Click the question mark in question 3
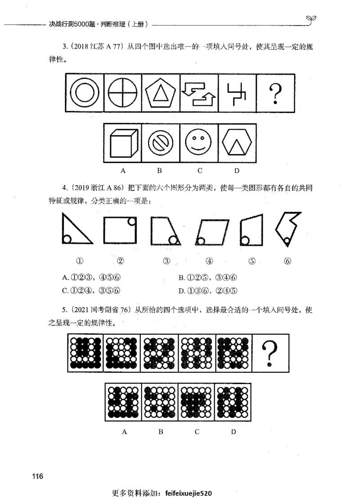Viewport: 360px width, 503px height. [x=274, y=94]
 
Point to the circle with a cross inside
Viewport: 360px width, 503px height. [x=123, y=94]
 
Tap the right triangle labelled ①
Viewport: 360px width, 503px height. [x=76, y=230]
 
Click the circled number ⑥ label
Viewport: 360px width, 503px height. [x=288, y=261]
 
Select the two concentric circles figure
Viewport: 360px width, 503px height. [x=85, y=94]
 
